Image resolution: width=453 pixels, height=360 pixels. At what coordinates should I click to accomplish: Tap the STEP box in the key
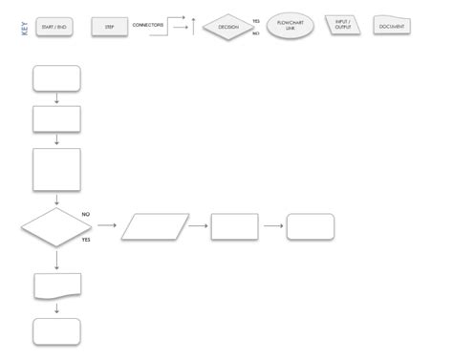pos(110,27)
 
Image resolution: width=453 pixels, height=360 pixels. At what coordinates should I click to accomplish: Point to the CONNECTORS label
pos(147,24)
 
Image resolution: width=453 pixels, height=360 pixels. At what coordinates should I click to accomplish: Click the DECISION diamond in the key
pos(227,27)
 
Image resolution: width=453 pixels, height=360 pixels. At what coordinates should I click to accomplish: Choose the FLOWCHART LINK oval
pos(291,24)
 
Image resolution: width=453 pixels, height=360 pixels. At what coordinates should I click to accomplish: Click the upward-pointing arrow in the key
pos(194,25)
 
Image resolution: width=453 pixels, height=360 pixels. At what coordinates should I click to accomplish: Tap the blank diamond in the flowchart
pos(55,227)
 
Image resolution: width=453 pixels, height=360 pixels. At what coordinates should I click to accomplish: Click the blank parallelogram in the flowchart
pos(155,226)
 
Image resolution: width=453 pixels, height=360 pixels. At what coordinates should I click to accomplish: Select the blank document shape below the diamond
pos(56,285)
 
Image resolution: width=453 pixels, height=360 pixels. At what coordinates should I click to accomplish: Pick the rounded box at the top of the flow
pos(56,78)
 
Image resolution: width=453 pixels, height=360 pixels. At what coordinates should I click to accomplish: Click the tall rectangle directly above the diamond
pos(56,170)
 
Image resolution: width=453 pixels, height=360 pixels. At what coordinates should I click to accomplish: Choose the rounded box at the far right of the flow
pos(311,226)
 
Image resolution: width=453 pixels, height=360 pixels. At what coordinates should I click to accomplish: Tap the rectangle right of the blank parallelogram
pos(234,226)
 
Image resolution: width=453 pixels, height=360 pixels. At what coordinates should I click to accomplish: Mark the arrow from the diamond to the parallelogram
pos(106,226)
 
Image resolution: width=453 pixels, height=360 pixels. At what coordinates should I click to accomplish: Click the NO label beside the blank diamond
pos(86,214)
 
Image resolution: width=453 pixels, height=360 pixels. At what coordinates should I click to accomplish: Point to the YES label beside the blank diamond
pos(87,240)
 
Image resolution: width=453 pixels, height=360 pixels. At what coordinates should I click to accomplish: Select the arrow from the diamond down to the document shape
pos(56,259)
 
